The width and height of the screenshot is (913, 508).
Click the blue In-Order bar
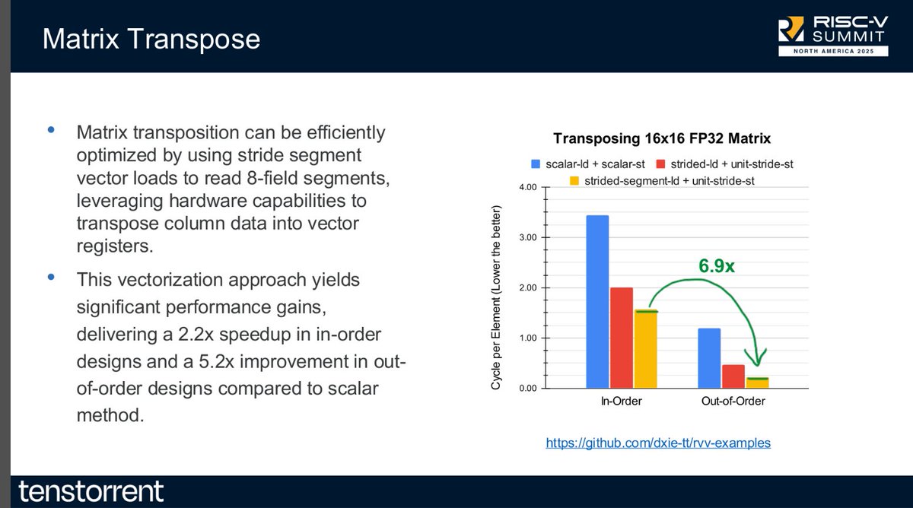pos(597,301)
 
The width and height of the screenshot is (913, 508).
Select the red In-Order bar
pos(622,338)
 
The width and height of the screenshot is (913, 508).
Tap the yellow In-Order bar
pos(646,349)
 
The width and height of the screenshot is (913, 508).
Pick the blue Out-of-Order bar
pos(709,358)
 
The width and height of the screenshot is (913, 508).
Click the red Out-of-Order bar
pos(733,376)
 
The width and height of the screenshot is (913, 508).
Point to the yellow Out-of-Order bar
pos(757,383)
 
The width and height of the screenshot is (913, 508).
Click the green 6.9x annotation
pos(717,266)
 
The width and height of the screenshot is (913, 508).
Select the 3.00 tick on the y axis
pos(528,237)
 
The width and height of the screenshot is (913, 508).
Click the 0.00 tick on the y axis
pos(528,389)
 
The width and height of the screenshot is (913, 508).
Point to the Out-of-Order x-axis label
pos(733,402)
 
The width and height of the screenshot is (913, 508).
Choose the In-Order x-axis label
pos(621,402)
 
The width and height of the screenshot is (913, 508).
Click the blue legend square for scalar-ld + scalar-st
pos(536,164)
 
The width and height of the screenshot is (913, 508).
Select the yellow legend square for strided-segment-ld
pos(574,181)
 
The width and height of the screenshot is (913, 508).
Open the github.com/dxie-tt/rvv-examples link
pos(658,443)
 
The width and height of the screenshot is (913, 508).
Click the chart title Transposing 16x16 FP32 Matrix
pos(662,138)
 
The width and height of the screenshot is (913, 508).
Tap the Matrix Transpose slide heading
pos(151,39)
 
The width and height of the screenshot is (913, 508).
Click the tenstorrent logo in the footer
pos(91,491)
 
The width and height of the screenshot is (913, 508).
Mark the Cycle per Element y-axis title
pos(495,297)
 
